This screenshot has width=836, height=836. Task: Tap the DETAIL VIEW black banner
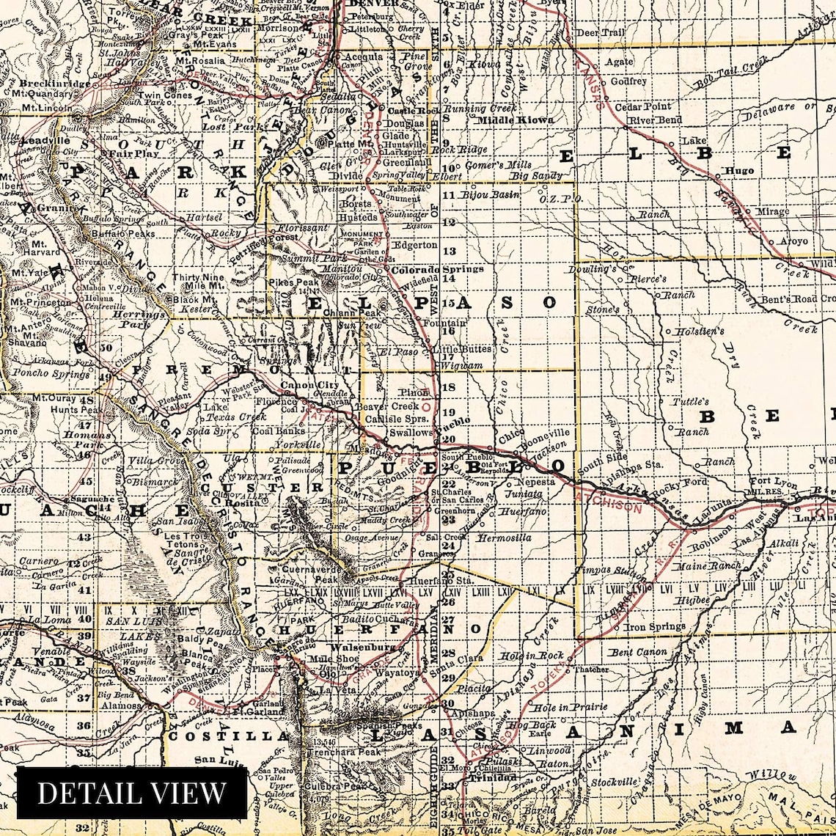[x=132, y=792]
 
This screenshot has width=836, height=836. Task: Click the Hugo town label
[x=738, y=171]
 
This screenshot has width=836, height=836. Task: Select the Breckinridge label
[x=46, y=83]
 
